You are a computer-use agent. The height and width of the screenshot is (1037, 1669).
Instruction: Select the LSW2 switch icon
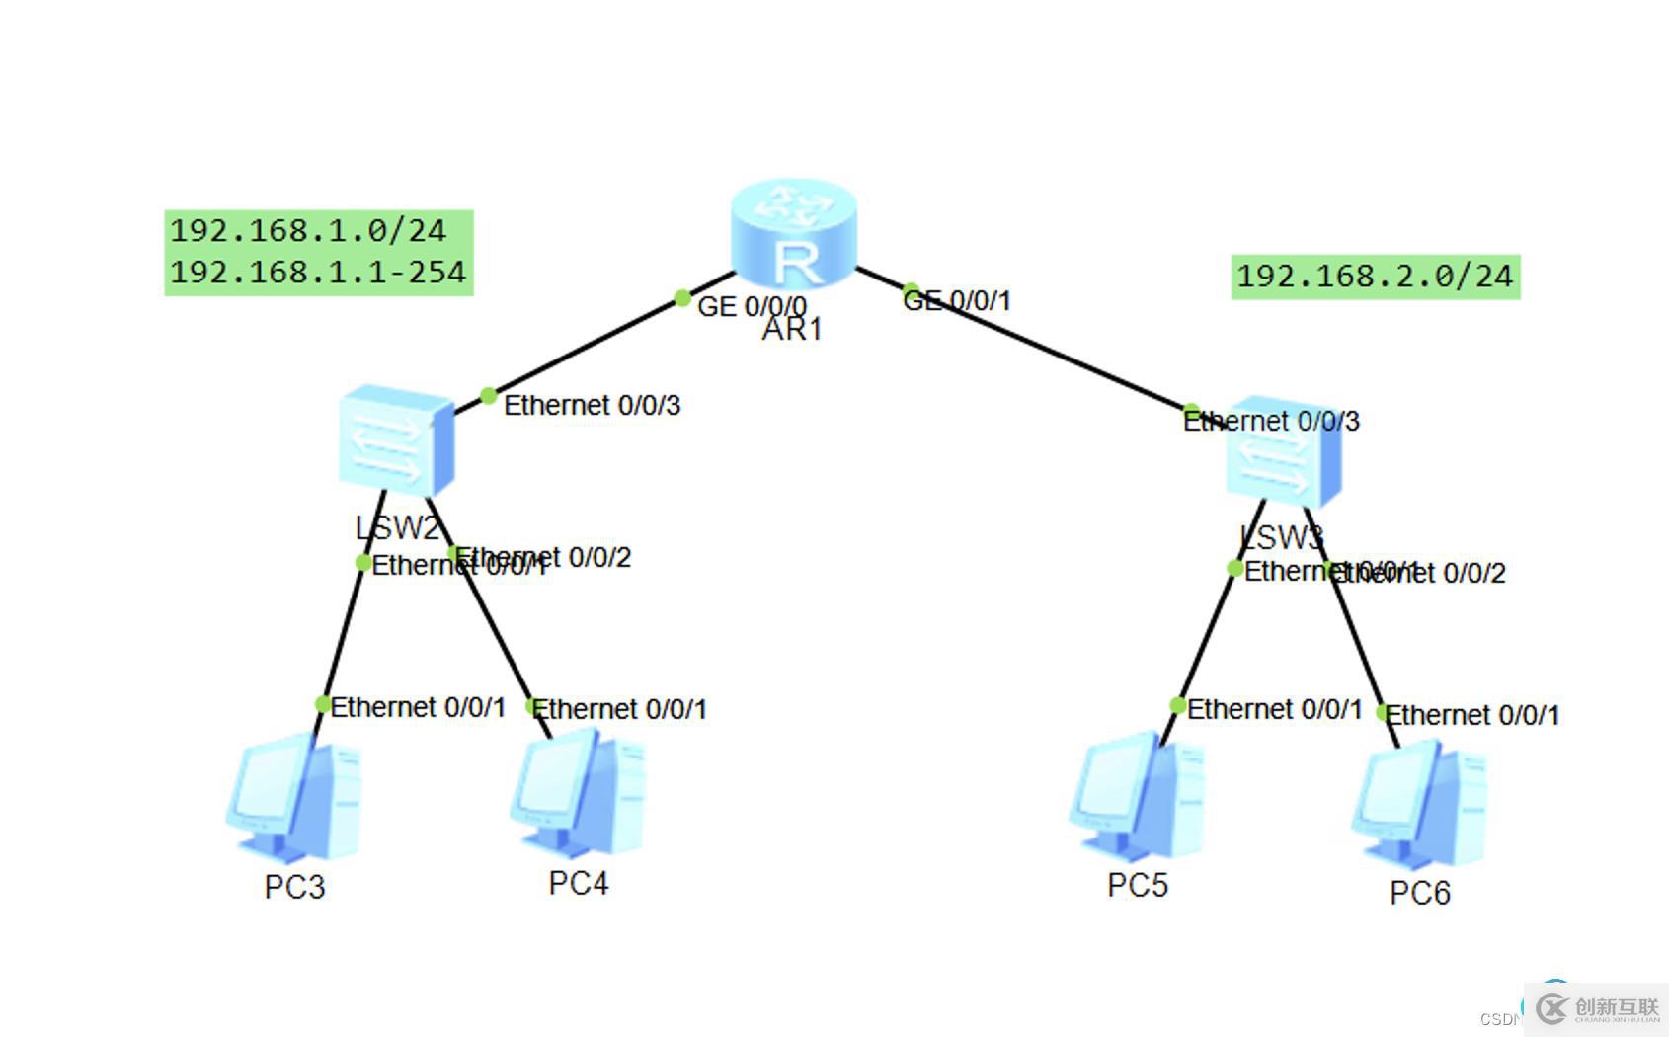396,440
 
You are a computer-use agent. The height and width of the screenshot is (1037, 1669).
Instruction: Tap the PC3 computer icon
294,799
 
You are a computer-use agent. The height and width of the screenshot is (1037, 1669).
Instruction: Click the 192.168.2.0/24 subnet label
1375,276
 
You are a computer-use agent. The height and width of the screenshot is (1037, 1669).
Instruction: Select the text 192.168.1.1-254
318,272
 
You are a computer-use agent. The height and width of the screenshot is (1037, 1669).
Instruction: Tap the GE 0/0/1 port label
958,300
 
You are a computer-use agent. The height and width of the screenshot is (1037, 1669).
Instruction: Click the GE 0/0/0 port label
752,306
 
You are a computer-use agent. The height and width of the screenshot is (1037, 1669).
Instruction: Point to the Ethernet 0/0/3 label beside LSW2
592,405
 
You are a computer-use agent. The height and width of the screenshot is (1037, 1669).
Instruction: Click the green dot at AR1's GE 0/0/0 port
682,297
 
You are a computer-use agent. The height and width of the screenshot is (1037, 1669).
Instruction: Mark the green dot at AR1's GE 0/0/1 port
911,291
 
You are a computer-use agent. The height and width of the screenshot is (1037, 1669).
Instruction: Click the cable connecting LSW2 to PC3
343,632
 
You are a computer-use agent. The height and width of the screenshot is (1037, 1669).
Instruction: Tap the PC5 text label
1138,885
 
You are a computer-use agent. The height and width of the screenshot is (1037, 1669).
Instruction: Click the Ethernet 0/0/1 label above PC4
619,709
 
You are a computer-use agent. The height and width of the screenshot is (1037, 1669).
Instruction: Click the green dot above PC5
1177,705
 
